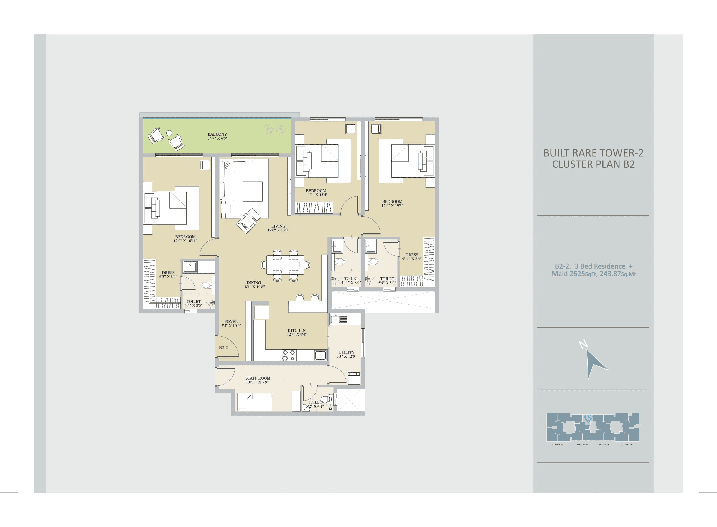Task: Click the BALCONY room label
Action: point(217,134)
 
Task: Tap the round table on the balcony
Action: point(169,133)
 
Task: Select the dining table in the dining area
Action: point(285,265)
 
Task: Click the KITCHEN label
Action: point(296,330)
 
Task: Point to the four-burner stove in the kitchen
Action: point(288,355)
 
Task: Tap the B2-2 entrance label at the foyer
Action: point(223,348)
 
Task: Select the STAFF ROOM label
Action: point(258,378)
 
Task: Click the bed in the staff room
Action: point(254,402)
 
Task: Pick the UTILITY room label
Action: point(346,352)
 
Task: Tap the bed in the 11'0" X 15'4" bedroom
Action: point(323,161)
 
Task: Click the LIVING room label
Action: point(278,226)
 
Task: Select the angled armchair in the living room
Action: point(248,221)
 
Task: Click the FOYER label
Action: point(231,322)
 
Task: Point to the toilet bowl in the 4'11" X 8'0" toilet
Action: point(340,262)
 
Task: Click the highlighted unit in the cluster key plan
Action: point(587,418)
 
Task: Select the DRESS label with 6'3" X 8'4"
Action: point(168,273)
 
